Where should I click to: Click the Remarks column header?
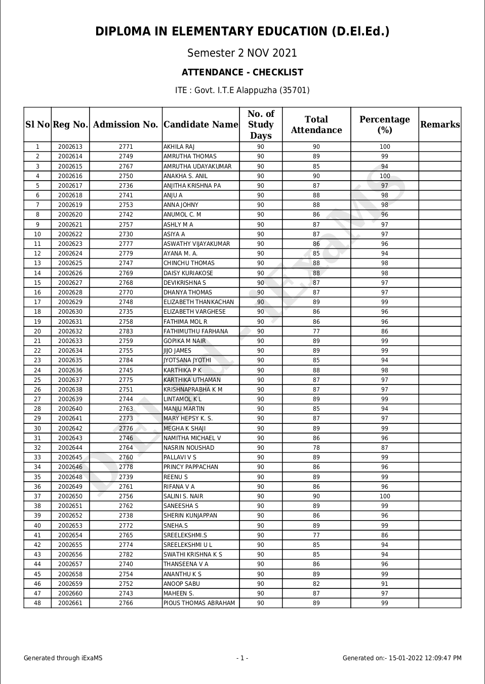440,125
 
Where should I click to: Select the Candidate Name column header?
200,125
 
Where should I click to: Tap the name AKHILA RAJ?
179,147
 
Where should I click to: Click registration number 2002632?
70,331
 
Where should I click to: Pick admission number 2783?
126,331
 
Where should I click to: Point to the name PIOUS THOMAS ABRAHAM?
199,603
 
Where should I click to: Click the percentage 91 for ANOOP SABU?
385,584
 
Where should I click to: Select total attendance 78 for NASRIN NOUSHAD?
316,448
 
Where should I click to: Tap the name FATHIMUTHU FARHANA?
195,331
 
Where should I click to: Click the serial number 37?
37,496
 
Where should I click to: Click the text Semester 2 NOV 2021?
242,53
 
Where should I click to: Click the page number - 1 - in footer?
242,658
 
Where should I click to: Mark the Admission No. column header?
126,125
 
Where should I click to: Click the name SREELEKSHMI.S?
185,535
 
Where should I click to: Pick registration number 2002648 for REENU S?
70,477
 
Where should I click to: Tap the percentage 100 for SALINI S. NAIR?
385,496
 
